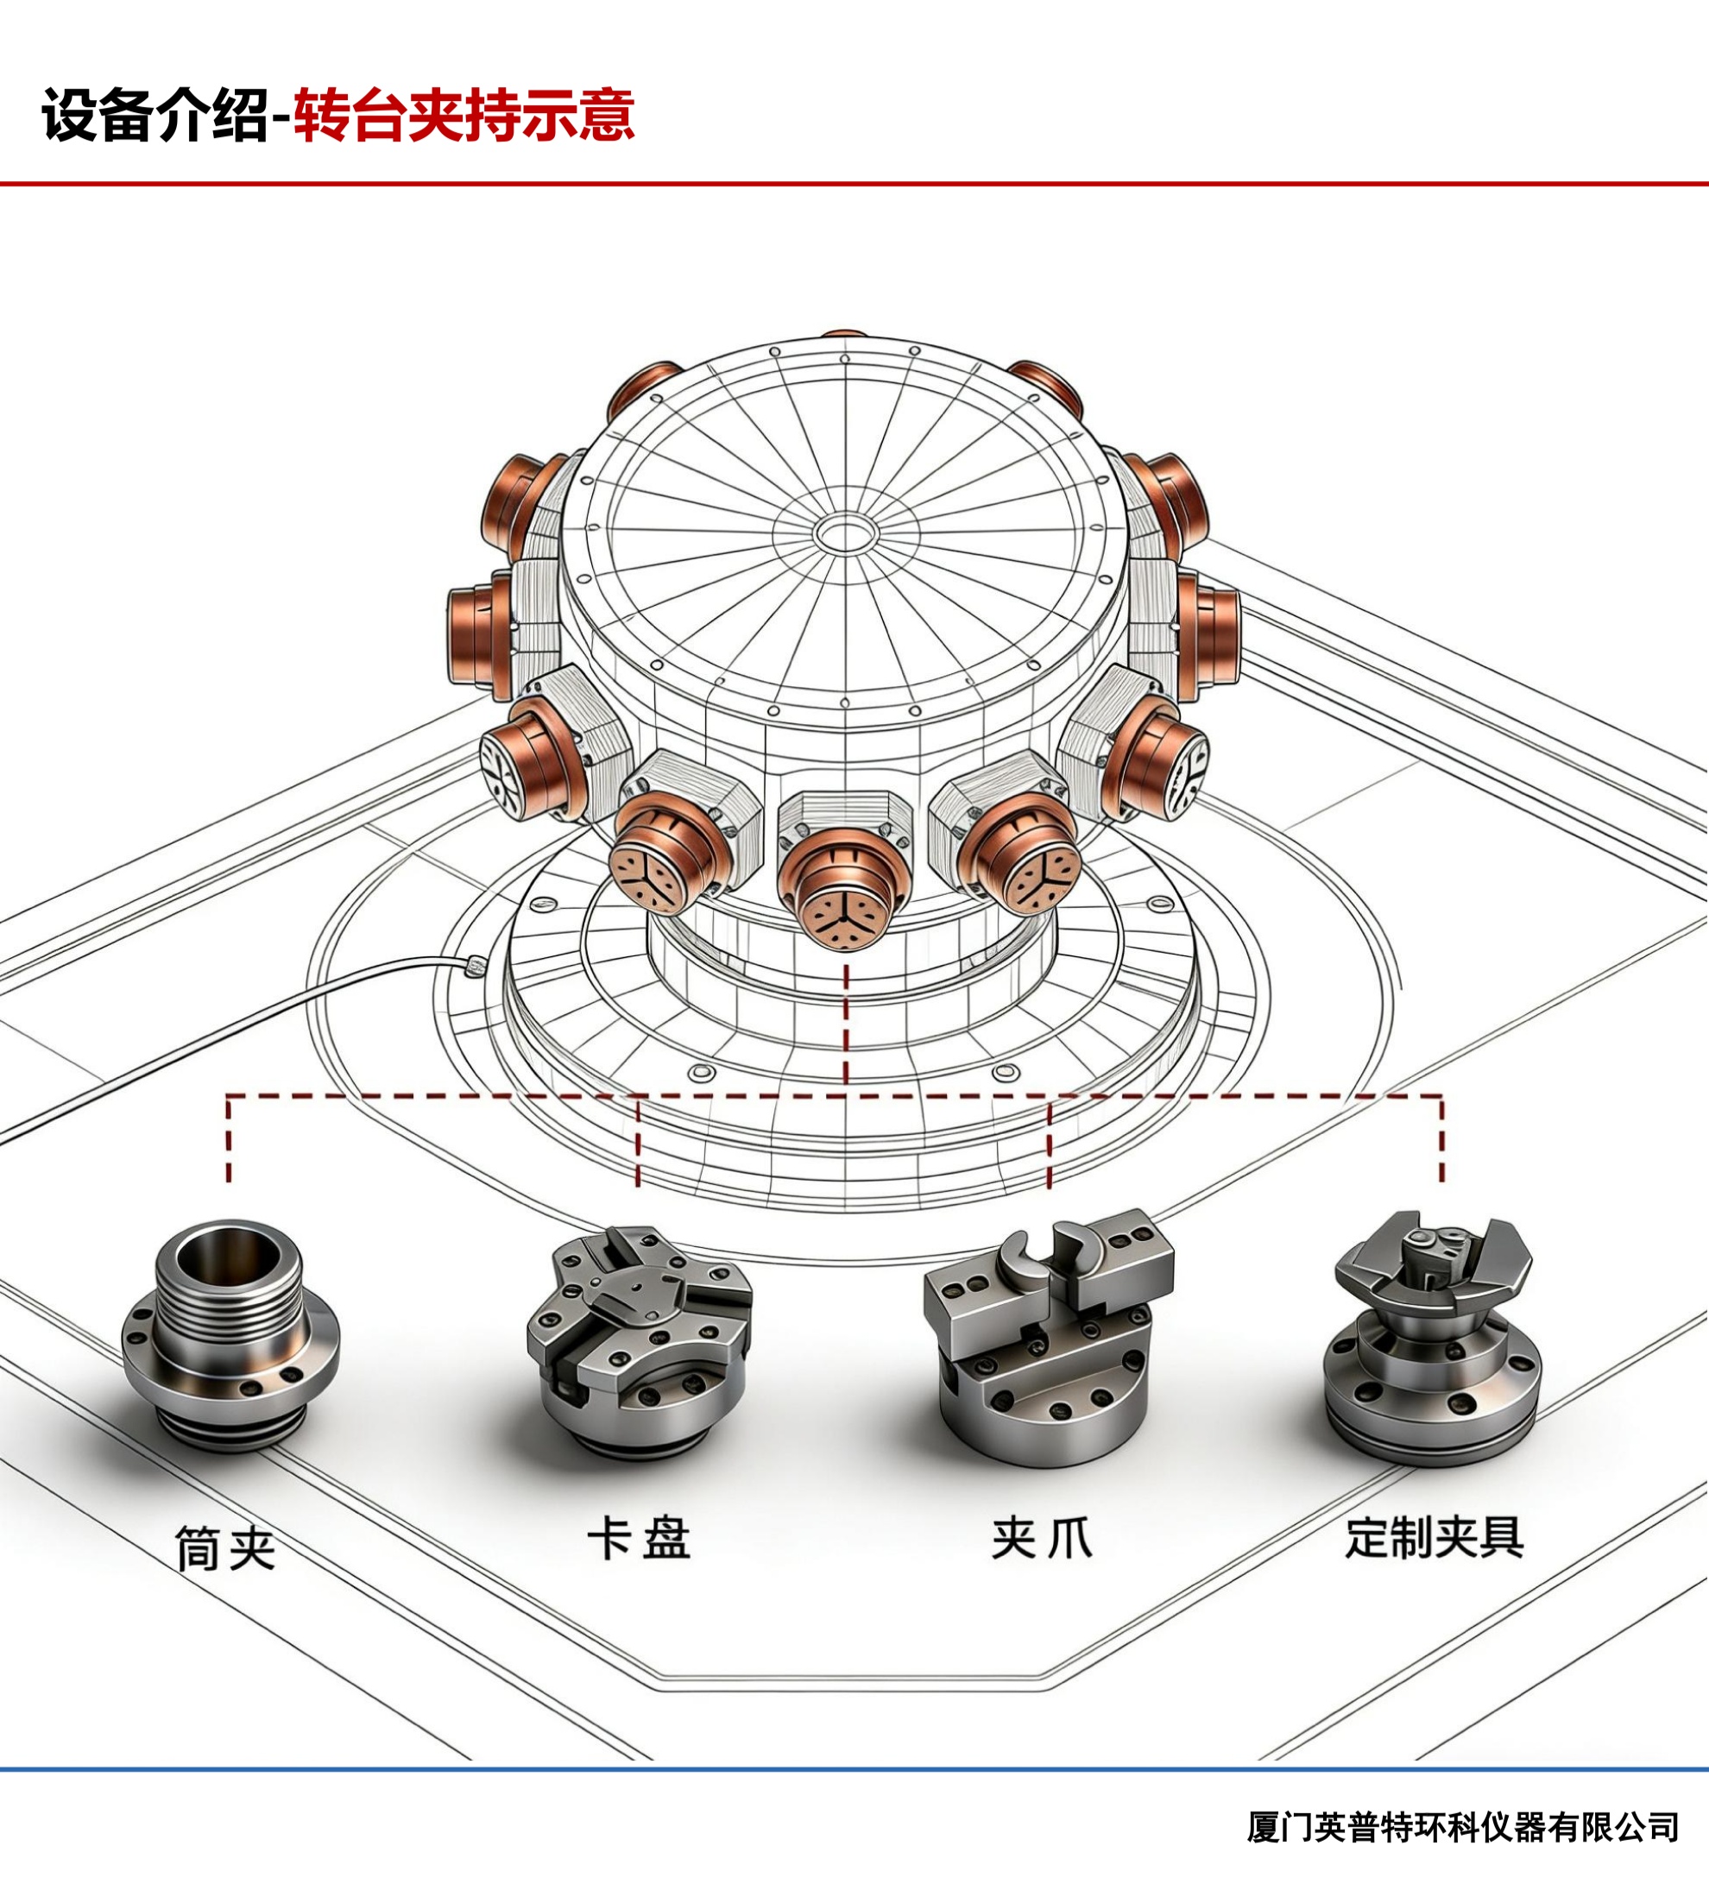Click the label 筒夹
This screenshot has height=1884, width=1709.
(225, 1548)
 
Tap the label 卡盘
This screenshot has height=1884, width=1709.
(639, 1539)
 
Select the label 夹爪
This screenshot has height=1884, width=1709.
(1042, 1538)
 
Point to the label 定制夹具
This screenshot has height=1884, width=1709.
(1435, 1537)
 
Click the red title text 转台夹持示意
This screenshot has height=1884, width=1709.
(464, 115)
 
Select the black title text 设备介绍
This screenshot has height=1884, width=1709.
(155, 115)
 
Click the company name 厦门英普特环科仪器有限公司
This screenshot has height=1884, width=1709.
(1463, 1827)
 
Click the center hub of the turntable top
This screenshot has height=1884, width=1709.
(846, 535)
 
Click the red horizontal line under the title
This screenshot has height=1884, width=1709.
(854, 184)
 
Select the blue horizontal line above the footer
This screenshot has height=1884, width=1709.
(854, 1769)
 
